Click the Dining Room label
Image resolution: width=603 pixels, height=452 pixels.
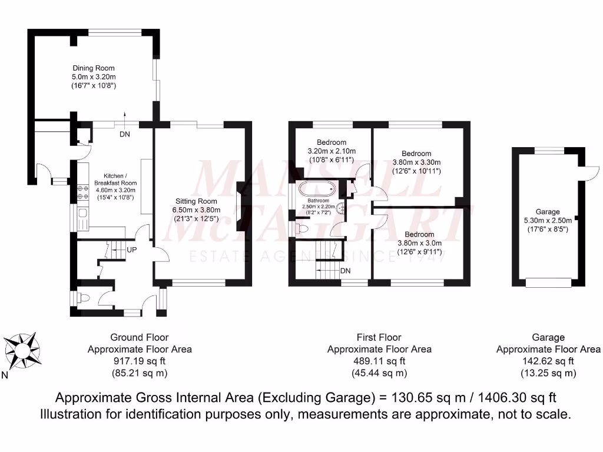click(x=94, y=68)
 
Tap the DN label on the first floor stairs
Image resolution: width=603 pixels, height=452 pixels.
click(x=347, y=271)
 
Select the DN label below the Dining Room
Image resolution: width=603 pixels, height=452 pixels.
click(x=125, y=135)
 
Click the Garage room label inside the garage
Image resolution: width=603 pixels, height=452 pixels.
click(x=547, y=212)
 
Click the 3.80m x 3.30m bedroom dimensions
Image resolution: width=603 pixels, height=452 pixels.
click(x=417, y=162)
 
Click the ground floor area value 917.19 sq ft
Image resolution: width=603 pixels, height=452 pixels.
click(x=140, y=361)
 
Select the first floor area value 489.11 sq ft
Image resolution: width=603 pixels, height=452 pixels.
click(x=379, y=361)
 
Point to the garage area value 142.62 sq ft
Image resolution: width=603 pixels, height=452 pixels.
click(x=548, y=361)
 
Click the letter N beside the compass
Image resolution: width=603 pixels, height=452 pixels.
click(x=5, y=375)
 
